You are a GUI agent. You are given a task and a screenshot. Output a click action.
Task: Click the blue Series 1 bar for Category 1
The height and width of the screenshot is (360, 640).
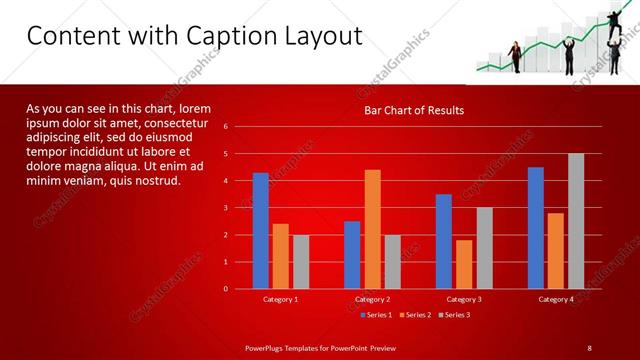[261, 231]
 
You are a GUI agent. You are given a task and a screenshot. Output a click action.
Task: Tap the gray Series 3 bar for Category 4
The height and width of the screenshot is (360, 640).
[576, 221]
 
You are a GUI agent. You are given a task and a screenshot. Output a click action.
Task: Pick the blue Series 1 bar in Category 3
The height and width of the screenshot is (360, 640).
[444, 242]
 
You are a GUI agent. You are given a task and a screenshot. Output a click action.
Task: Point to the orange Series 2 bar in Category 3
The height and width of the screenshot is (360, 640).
[464, 264]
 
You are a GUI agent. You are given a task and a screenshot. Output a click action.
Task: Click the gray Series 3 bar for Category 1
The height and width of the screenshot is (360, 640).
[301, 262]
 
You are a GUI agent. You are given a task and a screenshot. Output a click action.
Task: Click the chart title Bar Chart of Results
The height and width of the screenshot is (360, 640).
[413, 110]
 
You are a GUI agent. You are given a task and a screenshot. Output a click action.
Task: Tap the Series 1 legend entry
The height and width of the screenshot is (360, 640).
[375, 315]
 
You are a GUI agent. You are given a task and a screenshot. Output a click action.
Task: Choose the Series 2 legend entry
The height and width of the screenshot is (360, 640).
[414, 315]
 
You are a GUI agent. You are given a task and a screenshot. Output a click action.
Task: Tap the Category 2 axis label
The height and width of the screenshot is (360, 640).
[372, 299]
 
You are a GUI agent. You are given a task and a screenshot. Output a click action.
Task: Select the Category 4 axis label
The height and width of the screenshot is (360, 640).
[556, 299]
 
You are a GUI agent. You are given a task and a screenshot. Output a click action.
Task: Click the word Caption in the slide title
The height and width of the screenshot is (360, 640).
[222, 37]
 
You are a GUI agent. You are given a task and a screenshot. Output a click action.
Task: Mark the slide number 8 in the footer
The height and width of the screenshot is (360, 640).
[589, 347]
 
